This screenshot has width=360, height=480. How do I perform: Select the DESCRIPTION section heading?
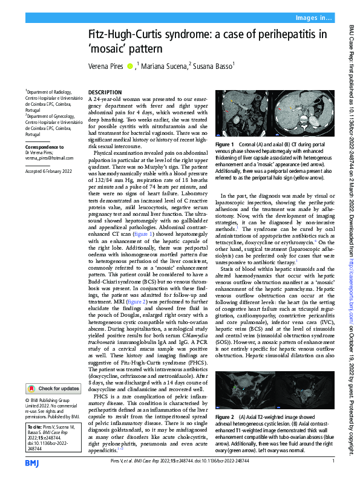point(105,91)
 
